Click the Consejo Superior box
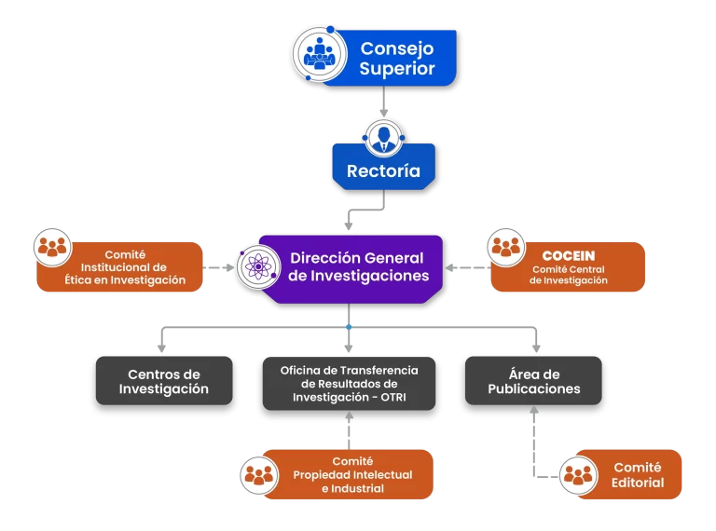[397, 58]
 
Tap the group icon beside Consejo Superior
[319, 53]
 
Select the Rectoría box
[383, 170]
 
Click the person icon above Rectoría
[383, 138]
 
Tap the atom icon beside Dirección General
[256, 267]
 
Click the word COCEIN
[569, 255]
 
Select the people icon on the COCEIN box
[507, 247]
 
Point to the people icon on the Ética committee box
[52, 247]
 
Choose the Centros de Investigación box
[163, 381]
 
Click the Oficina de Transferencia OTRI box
[350, 384]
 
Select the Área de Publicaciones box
[533, 381]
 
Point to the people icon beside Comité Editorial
[578, 476]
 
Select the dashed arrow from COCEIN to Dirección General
[467, 268]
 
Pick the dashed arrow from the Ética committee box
[219, 268]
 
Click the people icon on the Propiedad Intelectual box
[257, 475]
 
